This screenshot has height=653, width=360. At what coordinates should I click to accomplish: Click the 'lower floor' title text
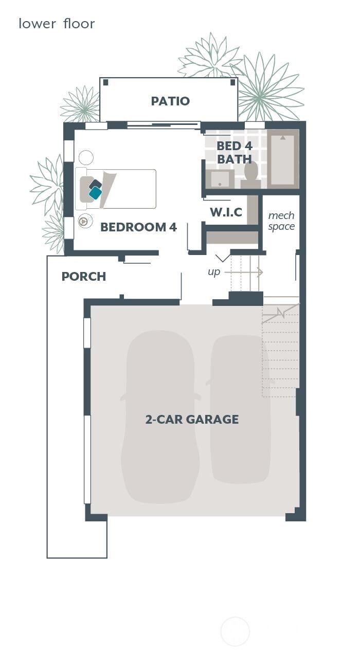pos(57,24)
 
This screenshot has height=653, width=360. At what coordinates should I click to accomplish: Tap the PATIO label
pos(170,101)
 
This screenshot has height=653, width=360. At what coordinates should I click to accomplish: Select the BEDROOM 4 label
pos(138,227)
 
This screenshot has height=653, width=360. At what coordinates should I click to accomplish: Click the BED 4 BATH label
pos(235,153)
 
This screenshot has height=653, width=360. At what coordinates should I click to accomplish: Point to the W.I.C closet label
pos(226,212)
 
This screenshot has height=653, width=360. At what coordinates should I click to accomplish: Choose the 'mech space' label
pos(281,221)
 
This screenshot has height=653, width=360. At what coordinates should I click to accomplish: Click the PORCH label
pos(83,277)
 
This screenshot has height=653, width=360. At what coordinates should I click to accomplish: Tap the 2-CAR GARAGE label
pos(192,420)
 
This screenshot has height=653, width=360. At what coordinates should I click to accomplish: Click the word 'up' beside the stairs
pos(214,272)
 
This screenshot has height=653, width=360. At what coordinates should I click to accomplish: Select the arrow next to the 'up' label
pos(244,272)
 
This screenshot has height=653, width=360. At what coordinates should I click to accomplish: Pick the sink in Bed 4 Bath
pos(220,179)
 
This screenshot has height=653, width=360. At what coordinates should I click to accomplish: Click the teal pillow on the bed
pos(95,193)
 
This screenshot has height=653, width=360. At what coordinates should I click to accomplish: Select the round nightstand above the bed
pos(86,157)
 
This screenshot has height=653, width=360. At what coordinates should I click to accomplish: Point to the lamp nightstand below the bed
pos(83,222)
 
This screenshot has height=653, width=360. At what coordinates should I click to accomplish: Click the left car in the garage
pos(160,416)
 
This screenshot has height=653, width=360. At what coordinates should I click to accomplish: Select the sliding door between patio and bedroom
pos(164,124)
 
